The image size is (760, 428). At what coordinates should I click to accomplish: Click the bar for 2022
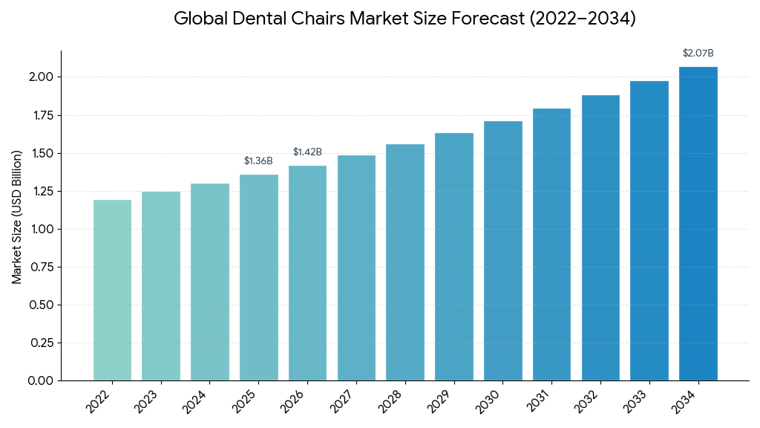click(112, 290)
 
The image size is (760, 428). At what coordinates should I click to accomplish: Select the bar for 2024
click(210, 282)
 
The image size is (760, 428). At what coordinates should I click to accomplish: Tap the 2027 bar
click(356, 267)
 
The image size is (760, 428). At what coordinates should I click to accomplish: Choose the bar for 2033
click(649, 230)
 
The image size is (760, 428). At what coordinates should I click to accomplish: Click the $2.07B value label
click(698, 53)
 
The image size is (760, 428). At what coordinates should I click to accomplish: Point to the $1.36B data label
click(258, 161)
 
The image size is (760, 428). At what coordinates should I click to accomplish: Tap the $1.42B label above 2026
click(307, 152)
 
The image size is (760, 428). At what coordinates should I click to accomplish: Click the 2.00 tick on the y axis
click(41, 77)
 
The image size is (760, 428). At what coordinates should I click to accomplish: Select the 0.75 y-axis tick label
click(41, 267)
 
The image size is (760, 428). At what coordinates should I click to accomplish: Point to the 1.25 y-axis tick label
click(41, 191)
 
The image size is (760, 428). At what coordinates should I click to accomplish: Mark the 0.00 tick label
click(41, 380)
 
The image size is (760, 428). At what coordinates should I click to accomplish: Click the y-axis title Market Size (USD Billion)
click(17, 216)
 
